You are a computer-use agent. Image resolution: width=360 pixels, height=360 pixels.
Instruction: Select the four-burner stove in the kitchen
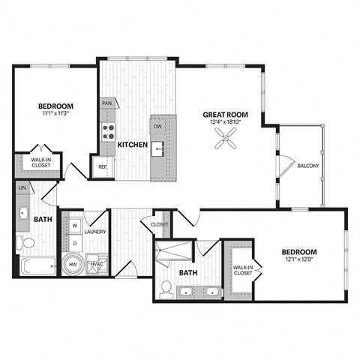[x=108, y=133]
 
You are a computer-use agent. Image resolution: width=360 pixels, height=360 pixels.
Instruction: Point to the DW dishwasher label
[x=158, y=127]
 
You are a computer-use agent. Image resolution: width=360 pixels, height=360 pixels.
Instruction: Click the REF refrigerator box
[x=101, y=166]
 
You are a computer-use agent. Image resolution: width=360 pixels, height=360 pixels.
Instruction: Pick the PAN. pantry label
[x=107, y=103]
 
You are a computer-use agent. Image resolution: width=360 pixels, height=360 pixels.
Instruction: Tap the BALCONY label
[x=308, y=166]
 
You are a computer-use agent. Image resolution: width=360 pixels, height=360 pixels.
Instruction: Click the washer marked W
[x=74, y=226]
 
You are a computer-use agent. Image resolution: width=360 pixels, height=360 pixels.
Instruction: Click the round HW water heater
[x=73, y=264]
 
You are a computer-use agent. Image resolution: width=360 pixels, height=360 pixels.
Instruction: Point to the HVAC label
[x=96, y=264]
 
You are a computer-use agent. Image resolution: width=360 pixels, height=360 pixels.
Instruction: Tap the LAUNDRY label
[x=94, y=232]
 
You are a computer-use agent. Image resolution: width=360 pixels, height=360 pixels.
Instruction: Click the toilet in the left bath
[x=27, y=243]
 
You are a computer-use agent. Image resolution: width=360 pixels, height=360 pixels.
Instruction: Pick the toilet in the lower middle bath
[x=167, y=286]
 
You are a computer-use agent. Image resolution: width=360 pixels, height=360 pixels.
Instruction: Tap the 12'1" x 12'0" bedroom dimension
[x=298, y=260]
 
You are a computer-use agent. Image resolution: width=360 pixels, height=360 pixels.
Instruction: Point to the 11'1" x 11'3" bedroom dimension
[x=55, y=115]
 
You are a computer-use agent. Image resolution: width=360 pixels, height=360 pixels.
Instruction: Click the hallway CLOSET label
[x=159, y=223]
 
